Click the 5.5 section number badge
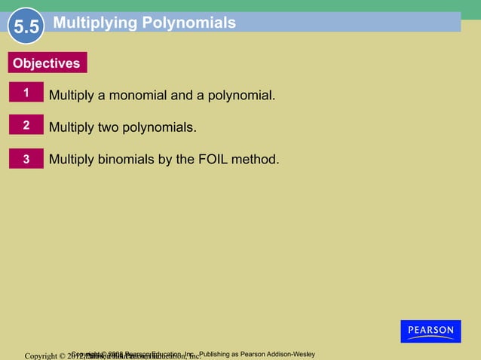[26, 28]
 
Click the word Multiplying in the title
[94, 23]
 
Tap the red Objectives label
[46, 63]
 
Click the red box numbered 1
[26, 93]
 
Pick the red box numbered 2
[26, 126]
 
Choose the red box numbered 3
[26, 159]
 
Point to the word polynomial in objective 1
[240, 96]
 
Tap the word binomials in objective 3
[128, 160]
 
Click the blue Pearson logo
[430, 331]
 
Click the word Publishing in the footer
[215, 354]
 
